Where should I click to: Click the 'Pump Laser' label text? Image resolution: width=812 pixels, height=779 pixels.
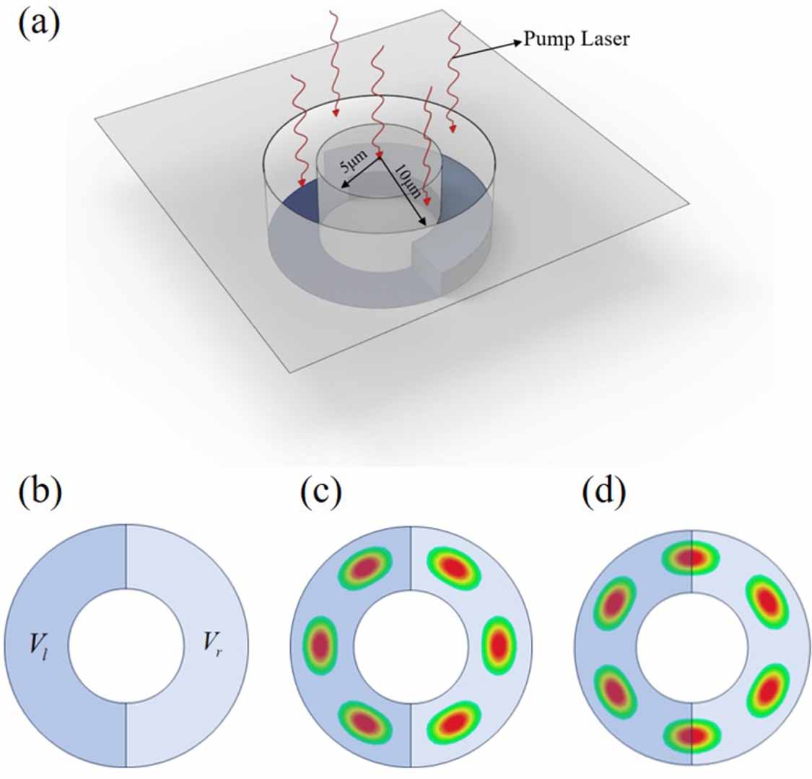coord(576,38)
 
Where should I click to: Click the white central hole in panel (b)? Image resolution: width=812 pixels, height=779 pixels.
coord(126,645)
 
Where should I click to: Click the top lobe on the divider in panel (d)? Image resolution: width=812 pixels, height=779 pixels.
coord(691,557)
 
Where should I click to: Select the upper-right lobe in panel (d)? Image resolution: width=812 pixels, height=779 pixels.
coord(767,601)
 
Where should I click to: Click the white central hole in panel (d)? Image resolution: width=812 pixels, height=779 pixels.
coord(691,645)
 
